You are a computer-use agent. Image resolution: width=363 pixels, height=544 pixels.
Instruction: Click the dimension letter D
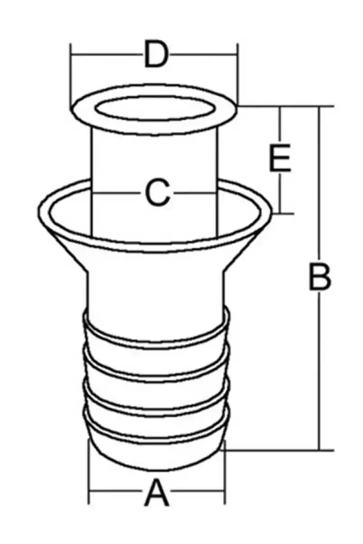point(156,54)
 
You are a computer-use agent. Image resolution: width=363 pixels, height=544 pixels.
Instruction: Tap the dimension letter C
point(157,193)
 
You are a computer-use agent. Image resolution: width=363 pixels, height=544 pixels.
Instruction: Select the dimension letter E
point(280,158)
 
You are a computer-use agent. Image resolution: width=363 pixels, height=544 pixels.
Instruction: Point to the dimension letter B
point(320,277)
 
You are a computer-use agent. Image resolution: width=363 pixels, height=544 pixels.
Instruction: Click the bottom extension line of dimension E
point(283,214)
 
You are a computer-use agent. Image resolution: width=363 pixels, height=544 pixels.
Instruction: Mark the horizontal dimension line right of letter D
point(204,54)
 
